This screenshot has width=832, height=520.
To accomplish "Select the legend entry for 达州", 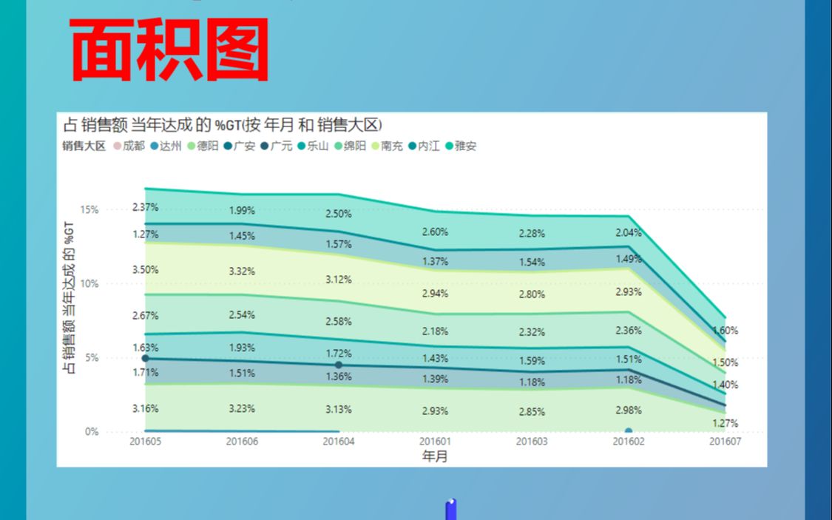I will point(166,146).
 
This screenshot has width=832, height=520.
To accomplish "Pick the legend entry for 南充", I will point(387,146).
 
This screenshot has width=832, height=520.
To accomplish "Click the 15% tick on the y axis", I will point(89,210).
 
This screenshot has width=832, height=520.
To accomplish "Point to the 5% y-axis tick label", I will point(92,358).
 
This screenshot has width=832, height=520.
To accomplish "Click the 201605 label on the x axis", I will point(144,442).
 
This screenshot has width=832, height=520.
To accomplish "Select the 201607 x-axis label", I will point(725,442).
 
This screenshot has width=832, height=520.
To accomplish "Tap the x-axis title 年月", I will point(434,456).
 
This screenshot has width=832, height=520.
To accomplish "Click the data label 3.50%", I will point(145,270).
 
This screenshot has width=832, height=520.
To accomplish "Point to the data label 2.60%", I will point(435,232).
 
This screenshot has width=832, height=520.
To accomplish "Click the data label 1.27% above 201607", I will point(725,424).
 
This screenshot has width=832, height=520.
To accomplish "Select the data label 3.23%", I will point(242,408).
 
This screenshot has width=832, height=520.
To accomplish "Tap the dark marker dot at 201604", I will point(339,365).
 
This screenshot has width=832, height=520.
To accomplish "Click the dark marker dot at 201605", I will point(145,358).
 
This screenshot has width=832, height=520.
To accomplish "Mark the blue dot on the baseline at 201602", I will point(629,431).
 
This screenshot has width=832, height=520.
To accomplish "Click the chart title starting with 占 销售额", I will point(222,124).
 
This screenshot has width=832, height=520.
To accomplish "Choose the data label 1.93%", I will point(242,348).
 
